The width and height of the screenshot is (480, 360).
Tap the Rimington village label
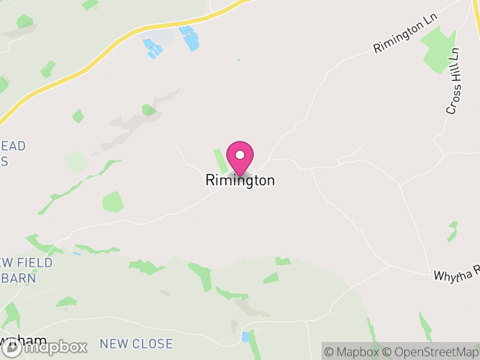[240, 180]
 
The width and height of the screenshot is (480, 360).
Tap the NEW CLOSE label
[136, 344]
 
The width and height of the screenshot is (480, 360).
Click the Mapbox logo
[45, 346]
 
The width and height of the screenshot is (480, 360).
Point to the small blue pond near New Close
[245, 337]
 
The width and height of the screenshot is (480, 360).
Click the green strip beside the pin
[220, 161]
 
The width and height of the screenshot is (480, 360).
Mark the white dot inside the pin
[240, 155]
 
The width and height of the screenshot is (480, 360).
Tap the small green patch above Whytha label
[452, 232]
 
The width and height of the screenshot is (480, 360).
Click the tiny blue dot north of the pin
[238, 60]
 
